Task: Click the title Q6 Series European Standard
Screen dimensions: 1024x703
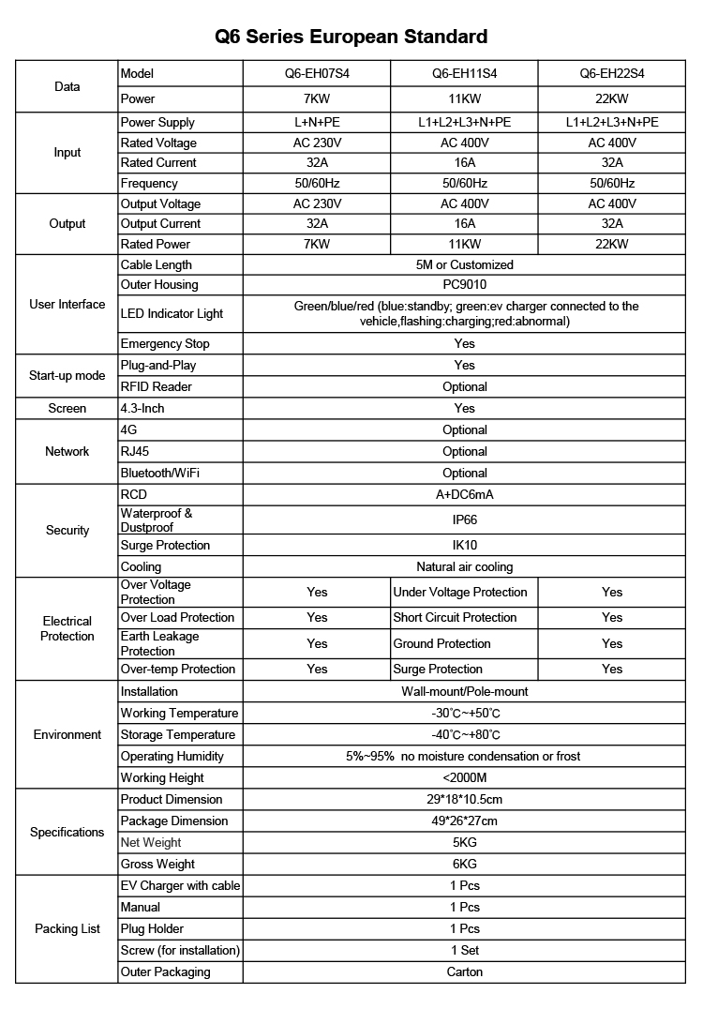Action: click(351, 38)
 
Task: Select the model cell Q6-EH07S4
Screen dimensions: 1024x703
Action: click(317, 73)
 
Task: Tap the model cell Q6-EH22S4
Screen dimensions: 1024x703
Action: click(612, 73)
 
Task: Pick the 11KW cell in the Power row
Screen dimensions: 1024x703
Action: click(464, 98)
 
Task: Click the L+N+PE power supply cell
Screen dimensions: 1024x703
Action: click(317, 123)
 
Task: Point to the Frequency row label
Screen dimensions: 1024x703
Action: click(149, 184)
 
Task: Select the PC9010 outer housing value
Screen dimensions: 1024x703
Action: click(464, 285)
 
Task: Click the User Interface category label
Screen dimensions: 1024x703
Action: click(67, 305)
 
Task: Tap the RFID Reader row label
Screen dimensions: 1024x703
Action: click(157, 386)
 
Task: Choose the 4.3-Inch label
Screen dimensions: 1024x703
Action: click(142, 409)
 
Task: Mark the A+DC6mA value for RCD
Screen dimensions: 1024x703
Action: click(464, 494)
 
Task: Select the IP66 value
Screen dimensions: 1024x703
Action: click(464, 519)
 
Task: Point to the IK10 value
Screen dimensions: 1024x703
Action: click(464, 545)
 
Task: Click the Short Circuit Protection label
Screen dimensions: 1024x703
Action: click(455, 618)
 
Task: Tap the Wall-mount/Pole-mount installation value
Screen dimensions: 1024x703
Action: click(464, 692)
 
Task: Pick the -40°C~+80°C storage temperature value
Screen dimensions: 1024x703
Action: click(464, 735)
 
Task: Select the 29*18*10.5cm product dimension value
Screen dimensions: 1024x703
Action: click(464, 800)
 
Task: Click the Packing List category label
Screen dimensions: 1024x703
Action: click(67, 929)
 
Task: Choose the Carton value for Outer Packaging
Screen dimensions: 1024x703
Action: click(464, 972)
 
